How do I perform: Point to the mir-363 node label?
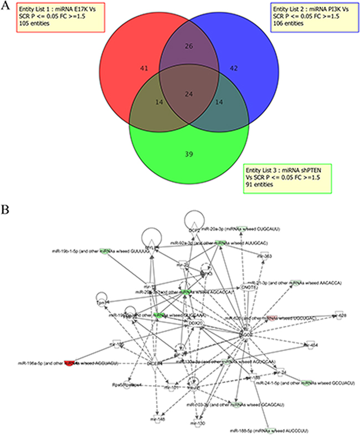pos(266,257)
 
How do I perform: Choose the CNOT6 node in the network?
pos(248,288)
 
